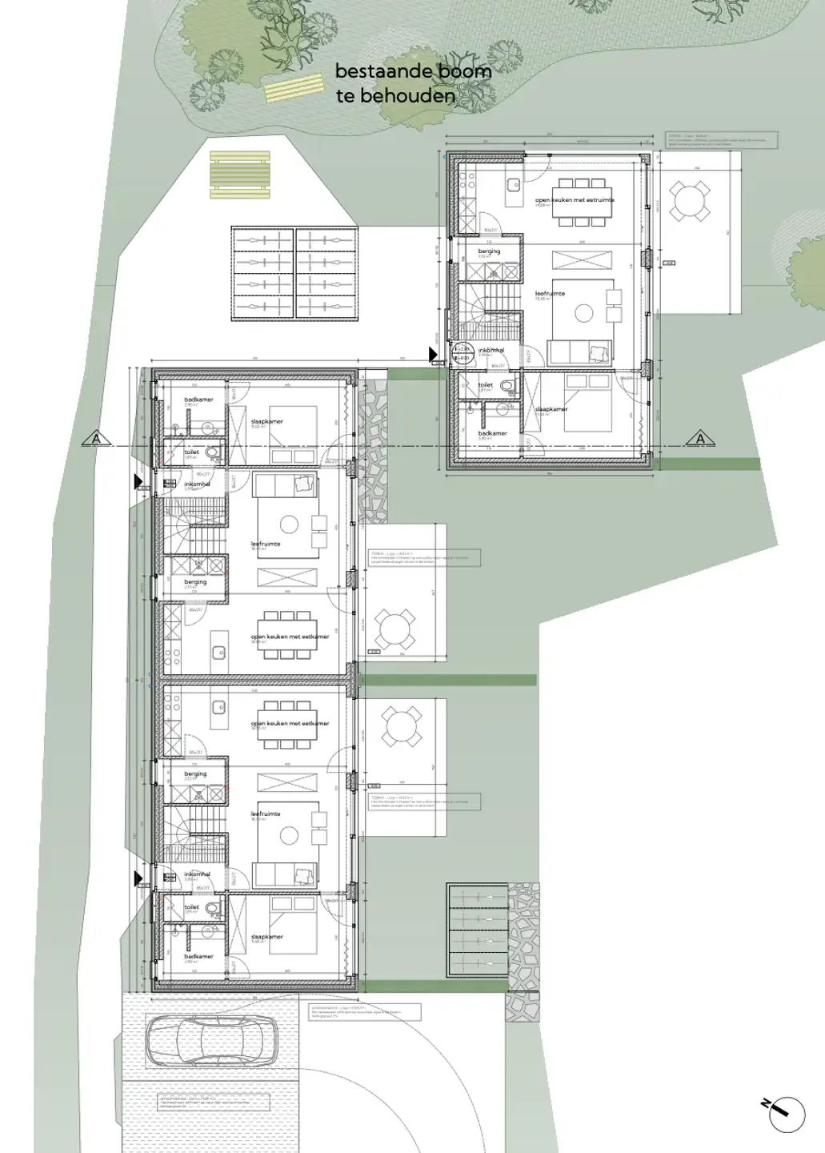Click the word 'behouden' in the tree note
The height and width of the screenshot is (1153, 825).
coord(407,96)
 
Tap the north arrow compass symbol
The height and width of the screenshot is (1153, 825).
coord(785,1114)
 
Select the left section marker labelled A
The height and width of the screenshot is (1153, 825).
coord(97,439)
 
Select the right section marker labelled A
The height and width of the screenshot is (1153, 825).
coord(700,439)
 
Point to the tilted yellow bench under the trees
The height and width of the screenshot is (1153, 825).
coord(293,88)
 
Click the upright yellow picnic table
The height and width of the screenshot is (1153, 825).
coord(238,175)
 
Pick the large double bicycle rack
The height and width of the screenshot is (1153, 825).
coord(294,274)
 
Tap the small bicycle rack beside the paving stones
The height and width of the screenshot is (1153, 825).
coord(478,930)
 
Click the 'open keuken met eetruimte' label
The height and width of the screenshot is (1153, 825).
coord(575,200)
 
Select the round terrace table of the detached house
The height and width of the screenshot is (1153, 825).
coord(689,201)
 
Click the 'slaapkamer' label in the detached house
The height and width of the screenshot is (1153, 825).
coord(551,409)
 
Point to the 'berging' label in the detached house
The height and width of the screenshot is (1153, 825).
coord(489,251)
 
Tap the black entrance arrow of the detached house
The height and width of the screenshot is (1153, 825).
coord(433,354)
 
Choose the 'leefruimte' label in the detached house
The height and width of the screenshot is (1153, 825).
coord(550,294)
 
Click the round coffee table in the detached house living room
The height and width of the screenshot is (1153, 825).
coord(584,314)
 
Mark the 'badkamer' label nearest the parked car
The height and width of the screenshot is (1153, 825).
coord(198,956)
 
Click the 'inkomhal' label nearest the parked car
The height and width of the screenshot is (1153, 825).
coord(197,874)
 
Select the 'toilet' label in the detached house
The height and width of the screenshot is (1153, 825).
coord(485,385)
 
